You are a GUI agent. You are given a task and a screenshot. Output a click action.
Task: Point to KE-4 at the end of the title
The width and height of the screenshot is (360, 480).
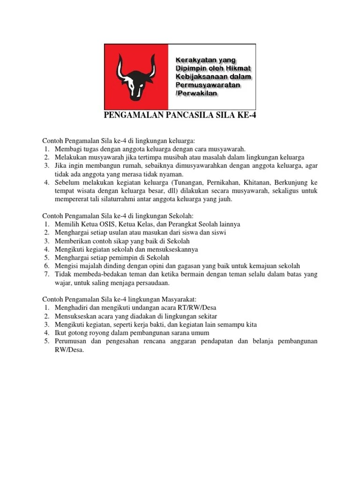point(246,116)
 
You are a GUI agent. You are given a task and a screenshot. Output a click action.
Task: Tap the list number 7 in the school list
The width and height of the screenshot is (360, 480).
point(46,274)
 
